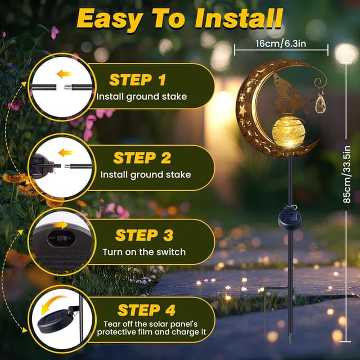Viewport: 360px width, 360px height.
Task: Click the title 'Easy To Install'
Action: click(x=179, y=19)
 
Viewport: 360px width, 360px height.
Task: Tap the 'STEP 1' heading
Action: click(x=138, y=79)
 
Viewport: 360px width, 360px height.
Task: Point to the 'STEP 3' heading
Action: click(x=144, y=234)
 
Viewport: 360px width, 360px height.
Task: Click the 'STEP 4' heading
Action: click(x=146, y=310)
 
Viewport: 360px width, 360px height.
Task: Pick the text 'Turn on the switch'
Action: click(x=144, y=251)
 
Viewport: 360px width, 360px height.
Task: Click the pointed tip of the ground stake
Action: click(x=290, y=341)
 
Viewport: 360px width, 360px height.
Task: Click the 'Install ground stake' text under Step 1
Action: click(x=141, y=97)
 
